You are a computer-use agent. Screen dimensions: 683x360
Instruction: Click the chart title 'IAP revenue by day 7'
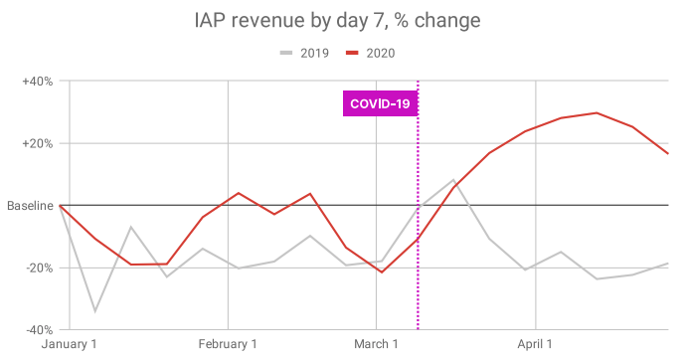(x=288, y=21)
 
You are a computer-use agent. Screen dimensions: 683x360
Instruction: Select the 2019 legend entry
(x=304, y=53)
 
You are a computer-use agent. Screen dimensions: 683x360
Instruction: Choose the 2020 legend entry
(x=370, y=53)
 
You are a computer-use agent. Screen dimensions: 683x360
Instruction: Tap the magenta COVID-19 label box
(x=380, y=103)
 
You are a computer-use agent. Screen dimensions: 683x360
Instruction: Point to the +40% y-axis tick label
(x=38, y=82)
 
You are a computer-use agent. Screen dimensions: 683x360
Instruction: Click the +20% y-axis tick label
(x=38, y=144)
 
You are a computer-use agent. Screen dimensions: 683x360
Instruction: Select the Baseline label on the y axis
(x=30, y=206)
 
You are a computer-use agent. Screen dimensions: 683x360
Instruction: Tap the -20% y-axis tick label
(x=39, y=269)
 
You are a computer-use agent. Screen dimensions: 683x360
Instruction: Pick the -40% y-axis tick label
(x=39, y=330)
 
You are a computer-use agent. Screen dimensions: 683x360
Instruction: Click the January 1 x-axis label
(x=70, y=344)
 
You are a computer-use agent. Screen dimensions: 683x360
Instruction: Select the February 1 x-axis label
(x=228, y=344)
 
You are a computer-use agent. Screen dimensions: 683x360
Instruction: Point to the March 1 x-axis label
(x=376, y=344)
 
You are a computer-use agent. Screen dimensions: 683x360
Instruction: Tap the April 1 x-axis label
(x=535, y=344)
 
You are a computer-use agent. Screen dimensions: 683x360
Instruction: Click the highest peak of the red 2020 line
(x=597, y=113)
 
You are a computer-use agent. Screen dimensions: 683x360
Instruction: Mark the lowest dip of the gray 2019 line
(x=95, y=311)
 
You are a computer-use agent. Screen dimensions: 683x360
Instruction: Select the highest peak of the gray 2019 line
(x=454, y=180)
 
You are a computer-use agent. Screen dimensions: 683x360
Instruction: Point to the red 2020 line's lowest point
(x=382, y=272)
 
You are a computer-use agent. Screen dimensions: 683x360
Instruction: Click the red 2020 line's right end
(x=668, y=153)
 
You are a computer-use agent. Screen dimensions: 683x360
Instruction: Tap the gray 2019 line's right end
(x=668, y=264)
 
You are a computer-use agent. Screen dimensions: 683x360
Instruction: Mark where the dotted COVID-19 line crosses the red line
(x=418, y=240)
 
